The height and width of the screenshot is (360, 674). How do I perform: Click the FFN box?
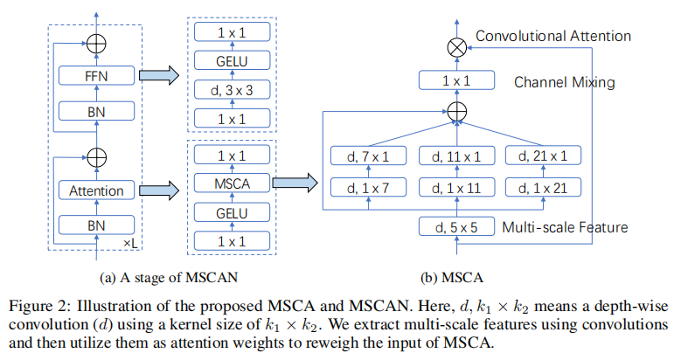tap(96, 76)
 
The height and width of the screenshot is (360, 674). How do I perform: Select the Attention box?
tap(96, 190)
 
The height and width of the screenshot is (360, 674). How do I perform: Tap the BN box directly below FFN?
tap(96, 111)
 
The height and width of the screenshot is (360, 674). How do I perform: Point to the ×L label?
tap(130, 240)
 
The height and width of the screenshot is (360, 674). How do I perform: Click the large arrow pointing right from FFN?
tap(164, 76)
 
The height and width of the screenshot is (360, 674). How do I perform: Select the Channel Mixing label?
tap(564, 83)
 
